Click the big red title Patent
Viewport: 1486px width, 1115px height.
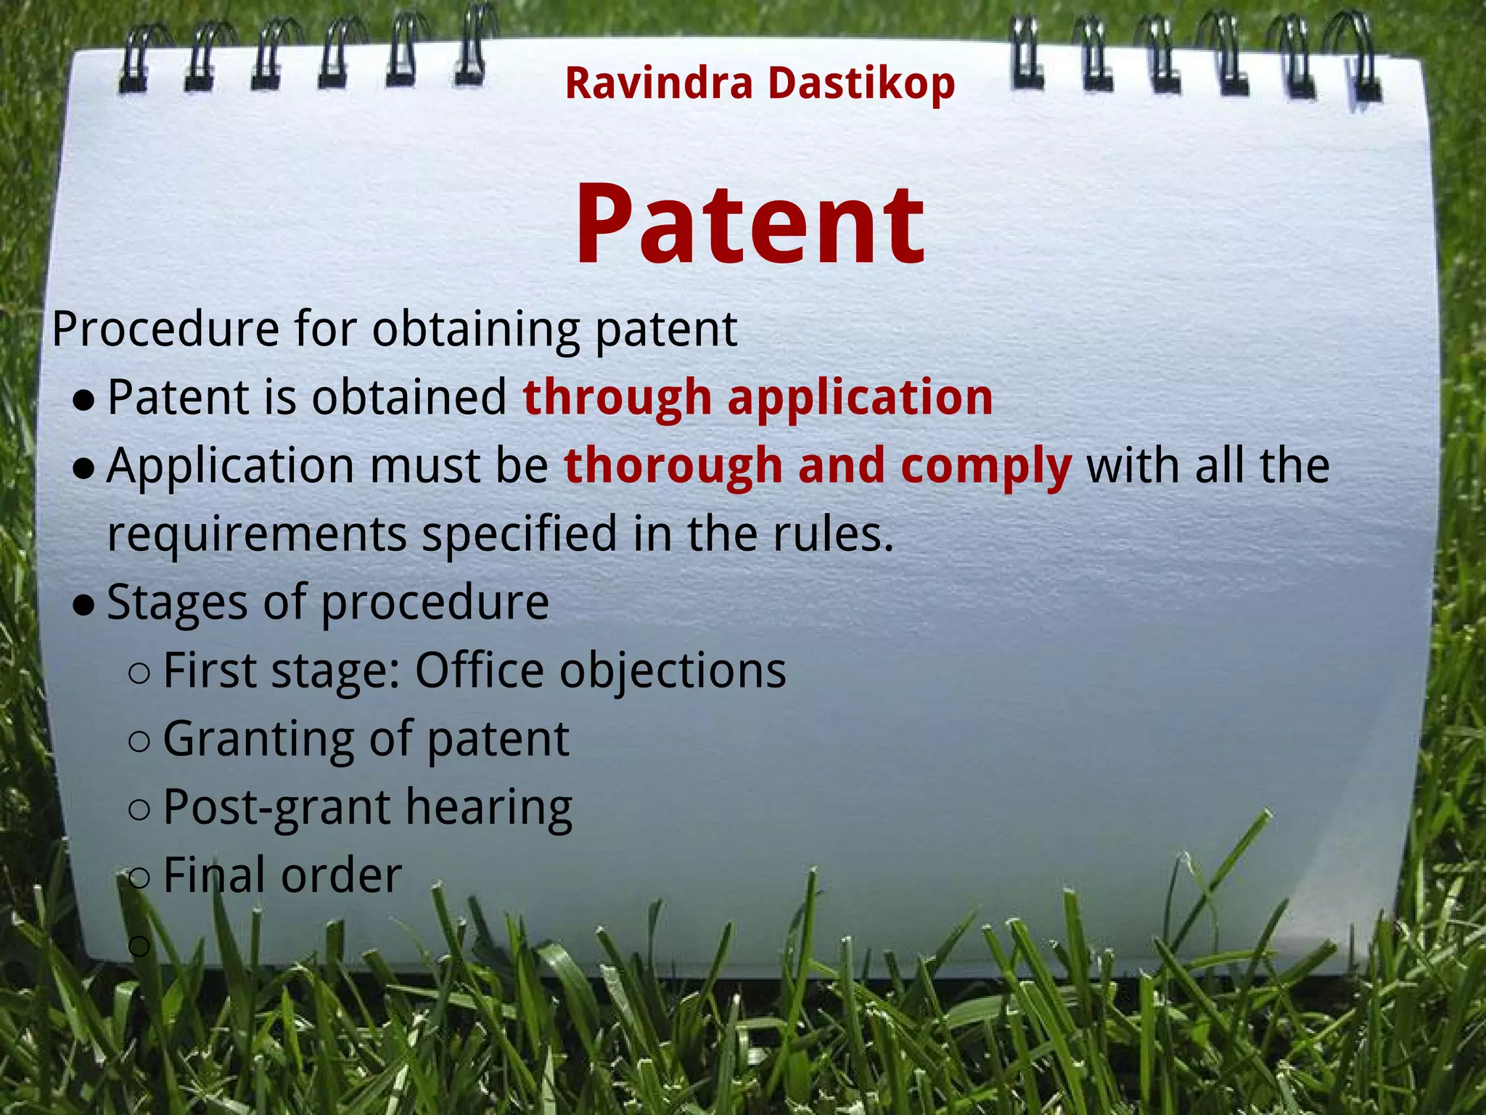(750, 225)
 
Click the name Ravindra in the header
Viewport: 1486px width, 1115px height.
(659, 83)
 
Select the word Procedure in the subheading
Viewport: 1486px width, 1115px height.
(165, 329)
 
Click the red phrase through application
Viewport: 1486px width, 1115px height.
(758, 398)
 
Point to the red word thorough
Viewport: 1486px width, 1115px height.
(673, 465)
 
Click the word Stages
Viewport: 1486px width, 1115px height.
(177, 603)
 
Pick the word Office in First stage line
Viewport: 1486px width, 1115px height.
(479, 669)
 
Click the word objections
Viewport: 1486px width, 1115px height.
(673, 671)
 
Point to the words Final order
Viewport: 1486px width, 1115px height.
(282, 875)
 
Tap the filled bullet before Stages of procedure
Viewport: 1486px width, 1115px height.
(84, 605)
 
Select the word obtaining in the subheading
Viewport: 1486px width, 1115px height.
(476, 330)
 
